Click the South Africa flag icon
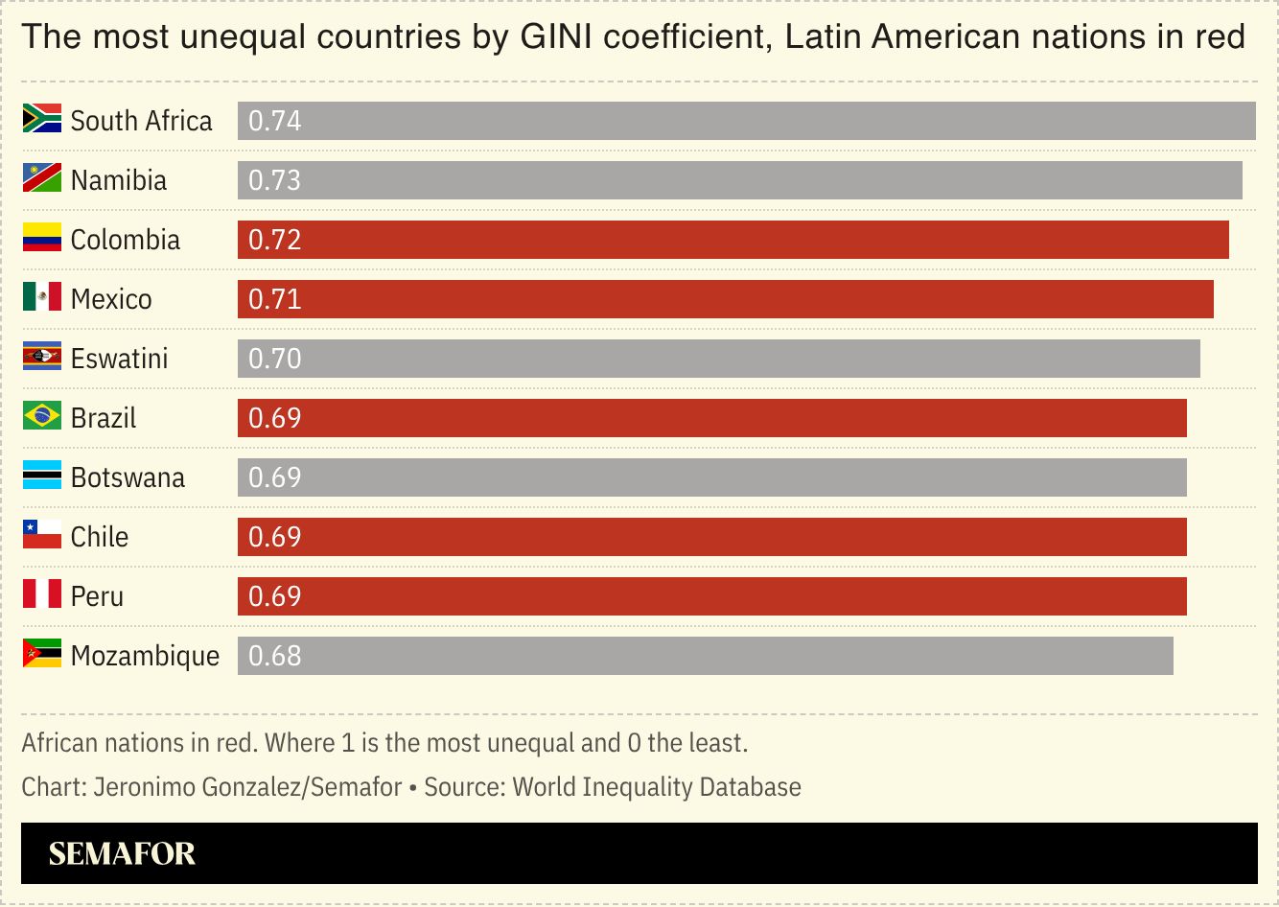[42, 119]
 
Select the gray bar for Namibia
[739, 180]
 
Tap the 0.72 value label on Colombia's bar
[274, 240]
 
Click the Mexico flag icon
[42, 297]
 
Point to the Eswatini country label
[119, 359]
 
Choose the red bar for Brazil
[711, 418]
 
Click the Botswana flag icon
[42, 476]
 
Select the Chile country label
[100, 537]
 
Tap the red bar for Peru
[711, 596]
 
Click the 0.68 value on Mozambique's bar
[274, 656]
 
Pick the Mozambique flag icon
[42, 654]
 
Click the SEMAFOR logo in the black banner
[122, 853]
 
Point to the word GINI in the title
[556, 37]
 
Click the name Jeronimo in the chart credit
[141, 787]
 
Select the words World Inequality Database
[657, 787]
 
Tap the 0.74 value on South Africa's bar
[274, 121]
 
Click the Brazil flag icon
[42, 416]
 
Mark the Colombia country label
[126, 240]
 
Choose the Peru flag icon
[42, 594]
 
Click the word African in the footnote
[59, 743]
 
